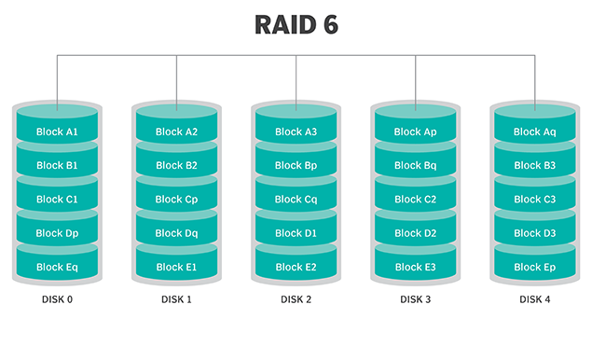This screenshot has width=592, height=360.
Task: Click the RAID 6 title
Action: (x=296, y=25)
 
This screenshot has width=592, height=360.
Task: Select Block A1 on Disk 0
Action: (x=57, y=132)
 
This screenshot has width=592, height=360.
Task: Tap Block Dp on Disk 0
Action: (x=57, y=233)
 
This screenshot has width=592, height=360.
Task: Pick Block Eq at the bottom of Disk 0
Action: (x=57, y=267)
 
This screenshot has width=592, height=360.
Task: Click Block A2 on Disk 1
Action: (x=176, y=132)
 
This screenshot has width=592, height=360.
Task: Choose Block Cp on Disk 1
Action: (x=176, y=200)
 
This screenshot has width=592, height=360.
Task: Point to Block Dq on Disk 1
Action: (x=176, y=233)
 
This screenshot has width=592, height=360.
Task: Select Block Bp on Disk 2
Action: (x=296, y=166)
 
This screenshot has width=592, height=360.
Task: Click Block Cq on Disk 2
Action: (x=296, y=200)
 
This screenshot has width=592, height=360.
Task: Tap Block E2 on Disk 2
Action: (x=296, y=267)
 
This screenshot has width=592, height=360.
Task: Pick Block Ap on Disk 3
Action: (x=415, y=132)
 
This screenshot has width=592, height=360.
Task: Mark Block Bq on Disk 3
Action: (x=415, y=166)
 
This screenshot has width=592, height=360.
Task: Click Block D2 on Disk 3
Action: (x=415, y=233)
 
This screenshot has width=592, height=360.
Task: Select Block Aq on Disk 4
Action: (x=534, y=132)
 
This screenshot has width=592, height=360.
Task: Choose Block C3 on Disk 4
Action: (x=534, y=200)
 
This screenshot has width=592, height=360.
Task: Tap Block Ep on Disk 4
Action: (x=534, y=267)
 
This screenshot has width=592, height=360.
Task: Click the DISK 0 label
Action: (x=57, y=300)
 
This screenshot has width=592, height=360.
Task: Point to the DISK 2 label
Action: (x=296, y=300)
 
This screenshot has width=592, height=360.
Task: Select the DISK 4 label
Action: (x=534, y=300)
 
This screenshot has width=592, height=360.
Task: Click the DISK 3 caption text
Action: (x=415, y=300)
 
